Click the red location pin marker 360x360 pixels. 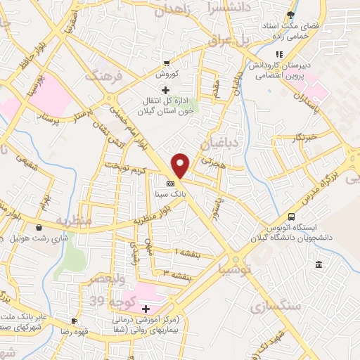pyautogui.click(x=181, y=165)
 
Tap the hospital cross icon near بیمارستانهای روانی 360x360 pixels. pyautogui.click(x=146, y=309)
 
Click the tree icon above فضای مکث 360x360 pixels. pyautogui.click(x=291, y=14)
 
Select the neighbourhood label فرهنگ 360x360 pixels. pyautogui.click(x=103, y=74)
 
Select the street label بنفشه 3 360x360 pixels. pyautogui.click(x=179, y=274)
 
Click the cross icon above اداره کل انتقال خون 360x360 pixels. pyautogui.click(x=165, y=90)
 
